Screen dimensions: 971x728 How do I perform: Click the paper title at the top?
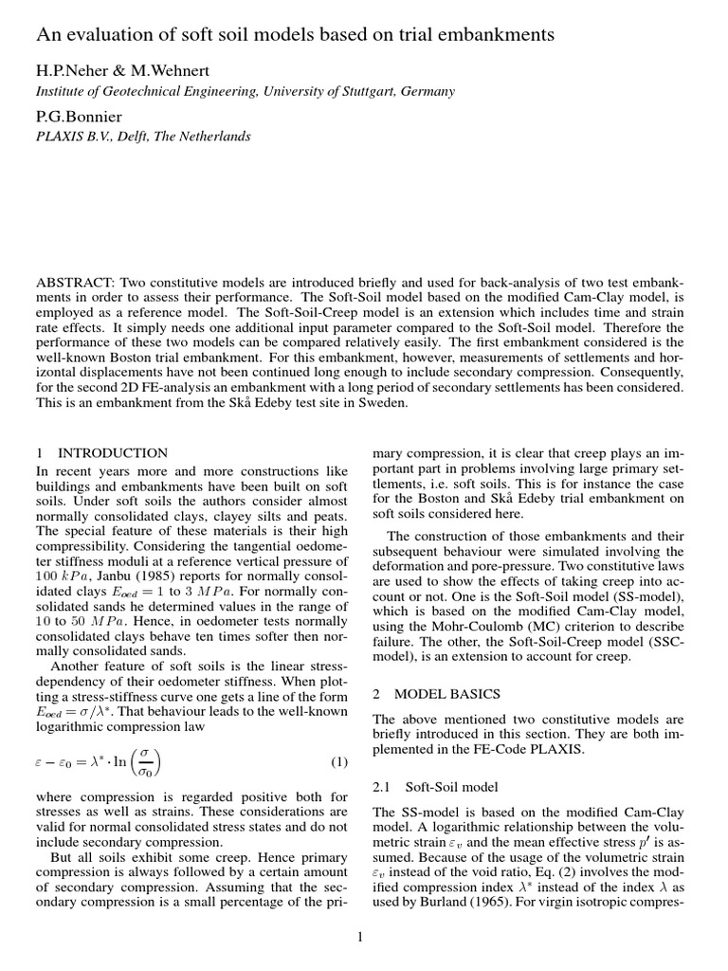295,35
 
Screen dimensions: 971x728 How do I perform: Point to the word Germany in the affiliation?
426,92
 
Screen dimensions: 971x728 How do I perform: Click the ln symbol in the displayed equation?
123,737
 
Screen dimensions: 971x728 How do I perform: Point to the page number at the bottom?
361,939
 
